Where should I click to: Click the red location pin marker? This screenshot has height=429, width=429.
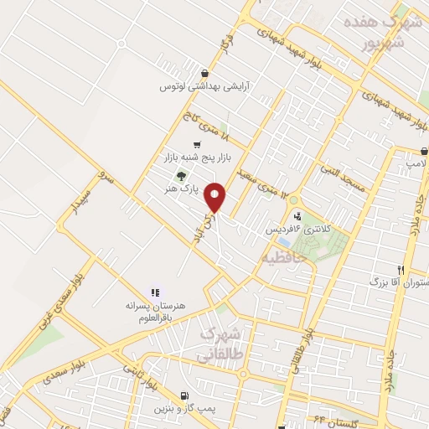216,198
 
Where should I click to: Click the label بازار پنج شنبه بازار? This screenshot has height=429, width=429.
199,157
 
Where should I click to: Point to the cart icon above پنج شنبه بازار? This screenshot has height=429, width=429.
197,144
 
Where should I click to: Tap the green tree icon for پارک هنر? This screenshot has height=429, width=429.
178,176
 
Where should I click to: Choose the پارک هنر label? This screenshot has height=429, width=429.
186,190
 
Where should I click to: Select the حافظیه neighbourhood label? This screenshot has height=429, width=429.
287,256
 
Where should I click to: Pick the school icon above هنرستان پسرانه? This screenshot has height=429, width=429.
154,292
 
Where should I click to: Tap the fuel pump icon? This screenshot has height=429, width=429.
183,395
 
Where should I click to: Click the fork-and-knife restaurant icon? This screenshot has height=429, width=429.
400,270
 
